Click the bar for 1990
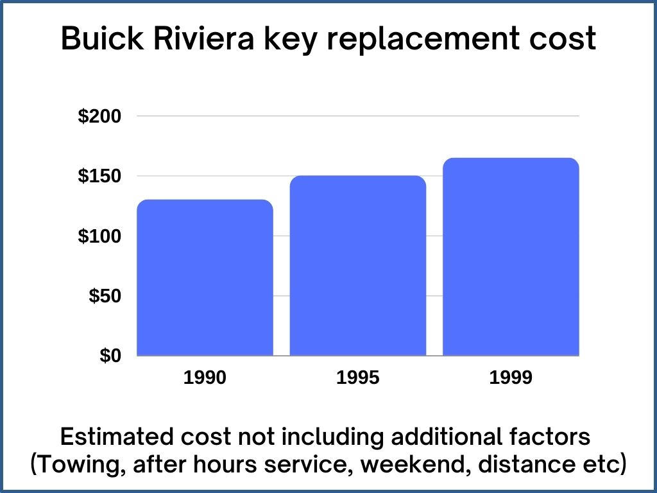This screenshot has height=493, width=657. point(205,277)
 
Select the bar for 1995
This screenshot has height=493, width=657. point(358,265)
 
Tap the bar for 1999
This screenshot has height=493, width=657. point(511,256)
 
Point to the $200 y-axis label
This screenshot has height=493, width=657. point(99,117)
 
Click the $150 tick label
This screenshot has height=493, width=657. point(99,177)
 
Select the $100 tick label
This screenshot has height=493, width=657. point(99,236)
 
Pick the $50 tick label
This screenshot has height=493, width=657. point(104,296)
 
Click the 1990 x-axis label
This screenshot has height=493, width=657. point(205,378)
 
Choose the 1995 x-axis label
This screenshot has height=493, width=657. point(358,378)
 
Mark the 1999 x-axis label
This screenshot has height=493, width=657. point(511,378)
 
